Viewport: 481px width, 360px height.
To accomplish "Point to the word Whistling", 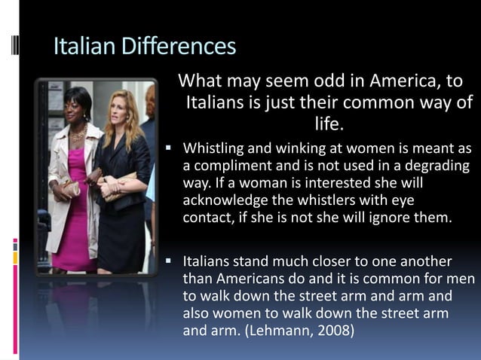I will [x=217, y=146].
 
